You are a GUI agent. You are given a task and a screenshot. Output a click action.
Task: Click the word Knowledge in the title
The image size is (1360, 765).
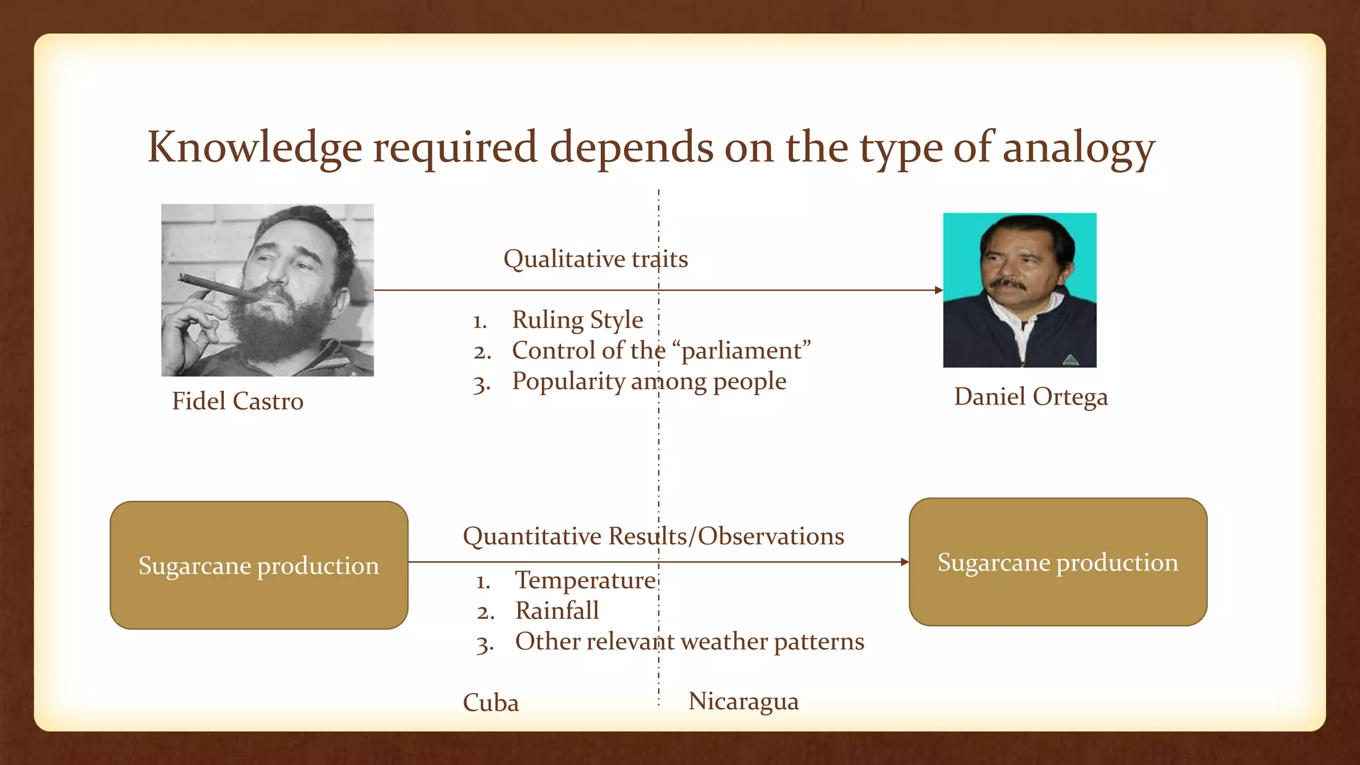[x=254, y=147]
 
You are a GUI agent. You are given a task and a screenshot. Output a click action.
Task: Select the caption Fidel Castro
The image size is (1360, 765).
[x=238, y=401]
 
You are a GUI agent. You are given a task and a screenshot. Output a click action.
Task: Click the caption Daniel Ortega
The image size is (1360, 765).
[x=1031, y=396]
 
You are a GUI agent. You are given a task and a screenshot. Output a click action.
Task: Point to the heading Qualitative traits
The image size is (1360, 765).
[x=595, y=259]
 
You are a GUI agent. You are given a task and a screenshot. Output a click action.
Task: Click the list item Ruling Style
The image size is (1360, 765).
[x=577, y=320]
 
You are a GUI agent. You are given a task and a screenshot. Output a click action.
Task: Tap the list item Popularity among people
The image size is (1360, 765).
[x=649, y=381]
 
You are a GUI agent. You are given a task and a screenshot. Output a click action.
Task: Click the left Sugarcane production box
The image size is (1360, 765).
[x=258, y=565]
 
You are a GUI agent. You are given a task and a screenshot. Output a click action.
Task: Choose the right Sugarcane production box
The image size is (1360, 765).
[x=1057, y=562]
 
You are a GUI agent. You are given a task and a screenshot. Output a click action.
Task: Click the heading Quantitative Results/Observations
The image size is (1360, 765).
[x=653, y=536]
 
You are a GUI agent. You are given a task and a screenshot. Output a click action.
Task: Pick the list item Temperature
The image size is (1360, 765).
[x=586, y=580]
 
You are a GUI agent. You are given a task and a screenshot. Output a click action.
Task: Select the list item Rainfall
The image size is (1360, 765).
[x=556, y=610]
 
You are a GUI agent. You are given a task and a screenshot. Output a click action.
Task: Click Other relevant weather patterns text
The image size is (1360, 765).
[x=689, y=641]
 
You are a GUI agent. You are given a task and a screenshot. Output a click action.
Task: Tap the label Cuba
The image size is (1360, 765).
[x=491, y=703]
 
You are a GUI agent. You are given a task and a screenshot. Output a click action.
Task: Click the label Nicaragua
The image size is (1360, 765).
[x=743, y=701]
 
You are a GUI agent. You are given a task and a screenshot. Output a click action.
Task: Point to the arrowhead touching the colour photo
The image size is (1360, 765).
[x=939, y=290]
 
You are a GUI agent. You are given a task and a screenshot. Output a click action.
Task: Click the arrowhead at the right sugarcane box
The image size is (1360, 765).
[x=904, y=562]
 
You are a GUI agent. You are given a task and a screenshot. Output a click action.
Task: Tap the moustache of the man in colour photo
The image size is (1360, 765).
[x=1007, y=284]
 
